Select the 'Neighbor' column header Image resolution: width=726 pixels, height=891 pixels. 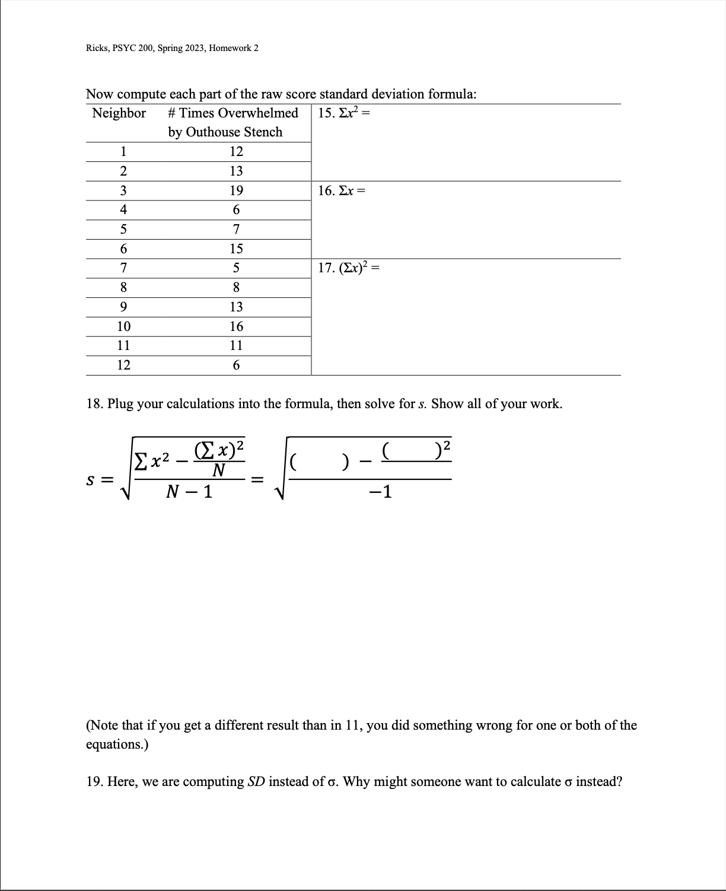(x=119, y=113)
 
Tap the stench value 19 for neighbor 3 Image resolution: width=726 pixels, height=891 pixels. (x=236, y=190)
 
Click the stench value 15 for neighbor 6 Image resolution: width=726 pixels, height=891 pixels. (x=236, y=249)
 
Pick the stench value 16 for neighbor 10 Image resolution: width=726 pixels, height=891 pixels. (x=236, y=326)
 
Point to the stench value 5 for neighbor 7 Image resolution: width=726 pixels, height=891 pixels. (x=236, y=268)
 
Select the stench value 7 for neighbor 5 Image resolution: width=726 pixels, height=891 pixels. (x=236, y=229)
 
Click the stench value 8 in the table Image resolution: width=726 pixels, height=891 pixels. (x=236, y=288)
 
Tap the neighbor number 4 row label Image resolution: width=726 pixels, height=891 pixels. (x=123, y=209)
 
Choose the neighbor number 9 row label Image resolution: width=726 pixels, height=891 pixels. (x=123, y=307)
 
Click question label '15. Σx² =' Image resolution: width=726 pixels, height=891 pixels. (x=343, y=113)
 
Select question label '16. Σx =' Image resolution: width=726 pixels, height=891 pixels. (x=341, y=190)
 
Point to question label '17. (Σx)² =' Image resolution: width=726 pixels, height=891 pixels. (x=348, y=268)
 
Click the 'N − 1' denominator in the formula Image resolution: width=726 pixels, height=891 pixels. (x=189, y=492)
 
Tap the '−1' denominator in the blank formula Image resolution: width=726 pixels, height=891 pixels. (x=380, y=492)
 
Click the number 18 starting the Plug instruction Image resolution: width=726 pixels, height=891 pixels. (x=94, y=404)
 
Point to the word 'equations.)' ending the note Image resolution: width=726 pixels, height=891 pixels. (x=117, y=744)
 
